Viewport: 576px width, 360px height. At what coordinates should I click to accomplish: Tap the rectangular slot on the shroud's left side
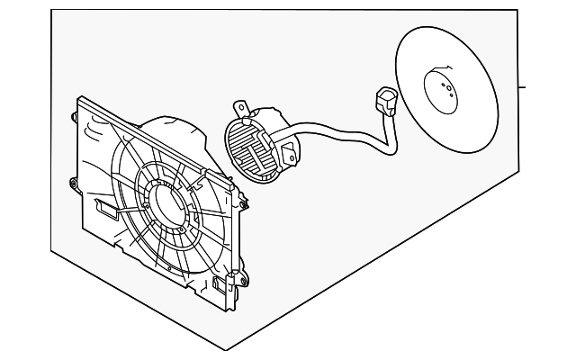pos(106,211)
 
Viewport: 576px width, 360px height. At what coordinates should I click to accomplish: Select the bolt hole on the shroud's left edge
pos(71,184)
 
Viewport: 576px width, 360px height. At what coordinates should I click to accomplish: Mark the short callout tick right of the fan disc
pos(522,88)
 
